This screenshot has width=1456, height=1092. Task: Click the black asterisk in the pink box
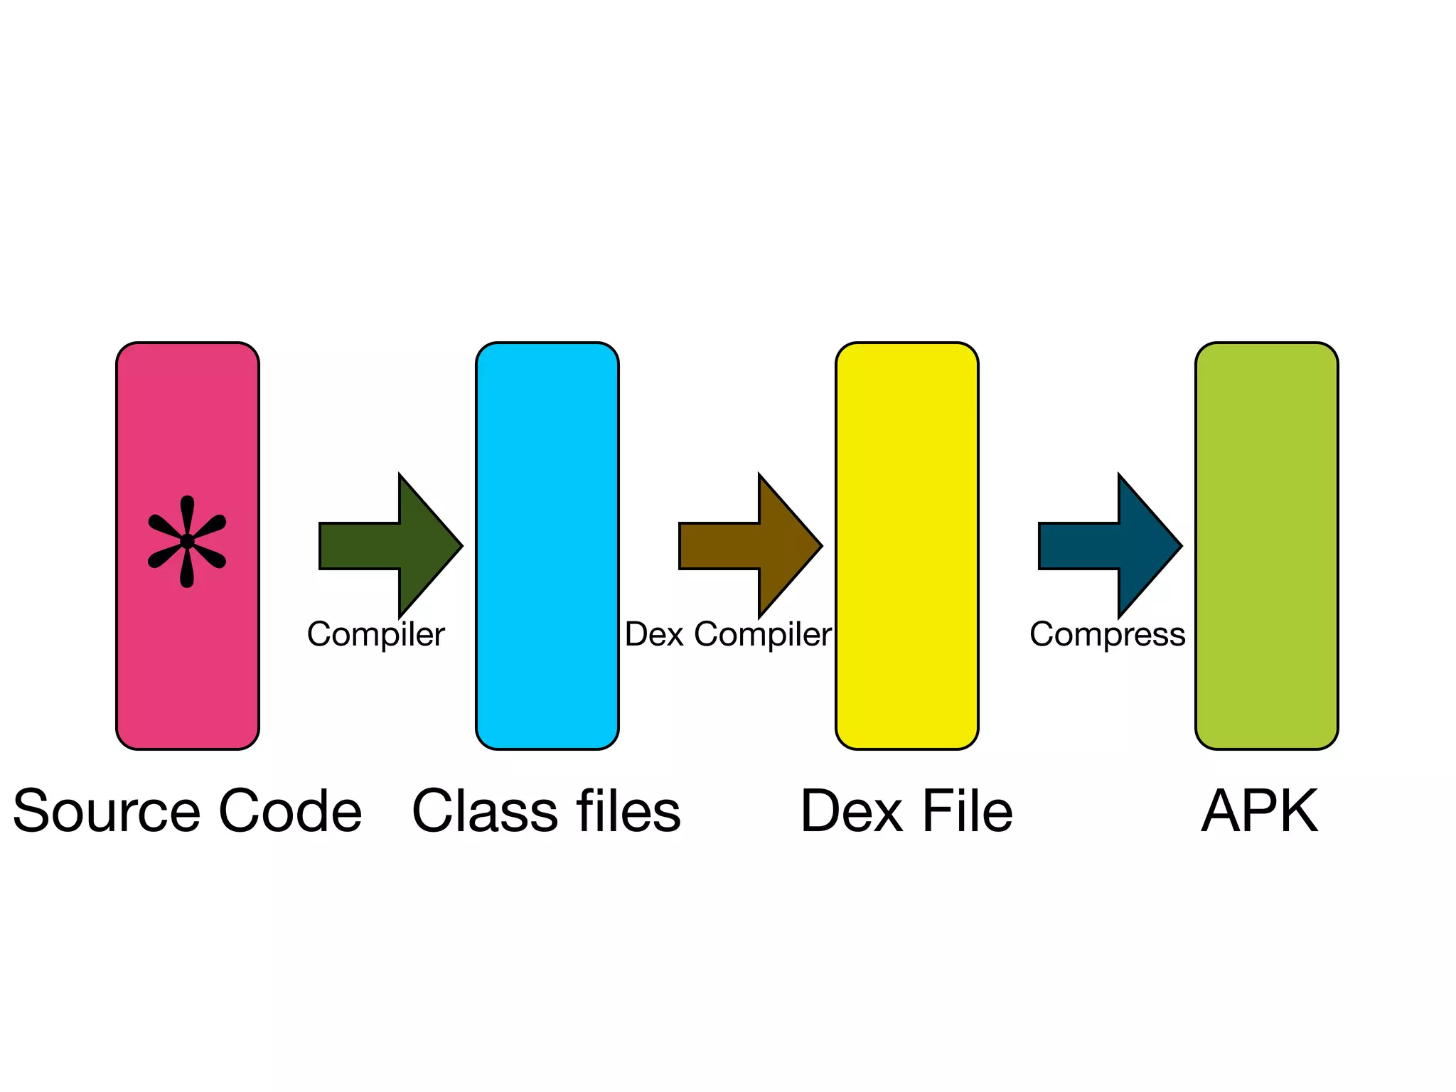pos(187,542)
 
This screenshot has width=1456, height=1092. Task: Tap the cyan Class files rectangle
pos(547,545)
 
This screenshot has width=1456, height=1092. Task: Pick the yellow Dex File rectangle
pos(906,545)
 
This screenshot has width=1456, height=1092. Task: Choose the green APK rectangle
pos(1266,545)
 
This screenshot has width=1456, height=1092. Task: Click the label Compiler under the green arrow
pos(375,634)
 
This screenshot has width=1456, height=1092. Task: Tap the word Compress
pos(1107,634)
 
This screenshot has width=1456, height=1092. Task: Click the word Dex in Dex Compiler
pos(654,634)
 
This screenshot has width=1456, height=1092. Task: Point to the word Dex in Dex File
pos(852,812)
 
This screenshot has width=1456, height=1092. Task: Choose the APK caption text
pos(1260,812)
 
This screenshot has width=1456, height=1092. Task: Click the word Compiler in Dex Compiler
pos(762,634)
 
